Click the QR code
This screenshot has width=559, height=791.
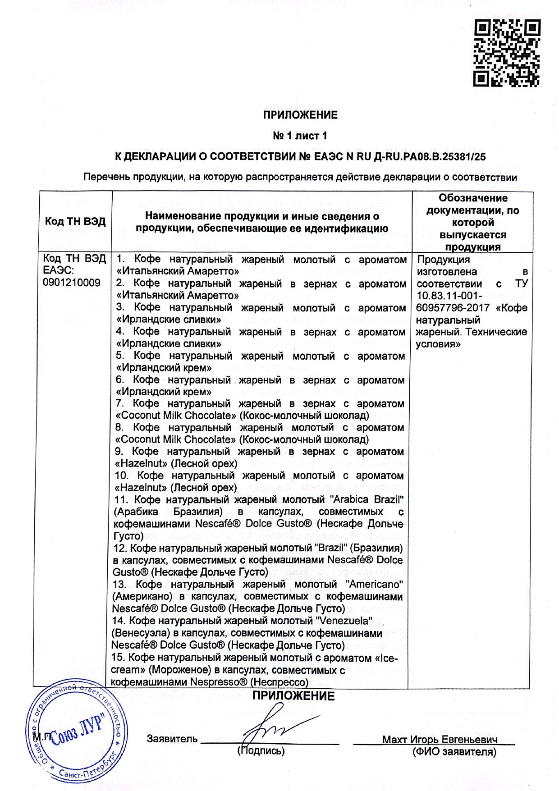[507, 53]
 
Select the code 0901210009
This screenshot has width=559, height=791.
[72, 283]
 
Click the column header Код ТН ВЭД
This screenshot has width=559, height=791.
[75, 221]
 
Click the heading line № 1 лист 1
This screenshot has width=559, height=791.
[300, 136]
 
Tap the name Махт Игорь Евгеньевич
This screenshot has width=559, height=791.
[440, 740]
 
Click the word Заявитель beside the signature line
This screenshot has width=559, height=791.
[172, 739]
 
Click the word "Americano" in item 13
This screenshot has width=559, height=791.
[374, 585]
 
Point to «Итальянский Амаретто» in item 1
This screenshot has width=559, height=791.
[178, 271]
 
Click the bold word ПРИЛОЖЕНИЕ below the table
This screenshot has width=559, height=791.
[293, 696]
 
